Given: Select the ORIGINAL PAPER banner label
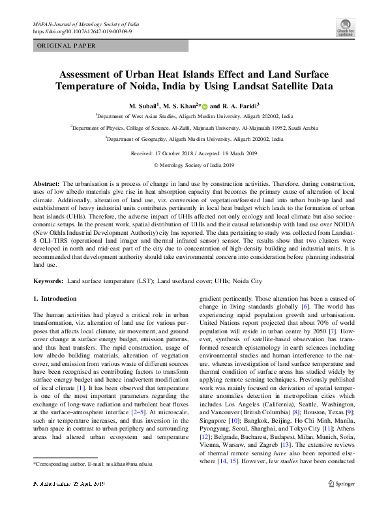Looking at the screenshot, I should point(66,46).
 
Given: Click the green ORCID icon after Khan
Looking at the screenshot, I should point(204,106).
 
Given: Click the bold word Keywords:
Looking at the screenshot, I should point(49,281).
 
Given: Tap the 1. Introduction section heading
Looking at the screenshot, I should point(54,298).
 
